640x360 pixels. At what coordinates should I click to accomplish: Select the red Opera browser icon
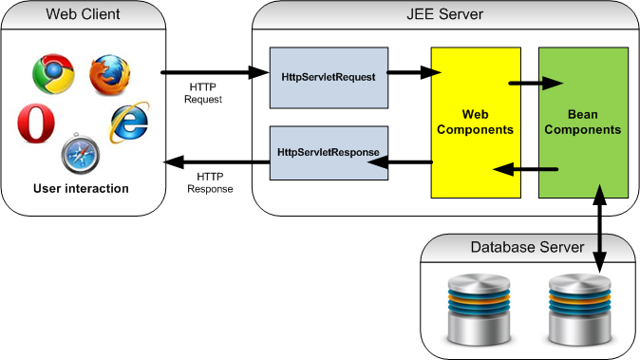(x=36, y=124)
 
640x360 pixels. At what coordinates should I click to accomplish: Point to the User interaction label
(x=81, y=188)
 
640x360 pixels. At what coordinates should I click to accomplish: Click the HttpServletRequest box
(x=329, y=76)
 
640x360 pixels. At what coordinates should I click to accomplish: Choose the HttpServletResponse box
(x=329, y=152)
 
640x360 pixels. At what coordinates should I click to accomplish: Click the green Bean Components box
(x=580, y=122)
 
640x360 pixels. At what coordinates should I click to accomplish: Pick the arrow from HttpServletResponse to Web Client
(x=214, y=162)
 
